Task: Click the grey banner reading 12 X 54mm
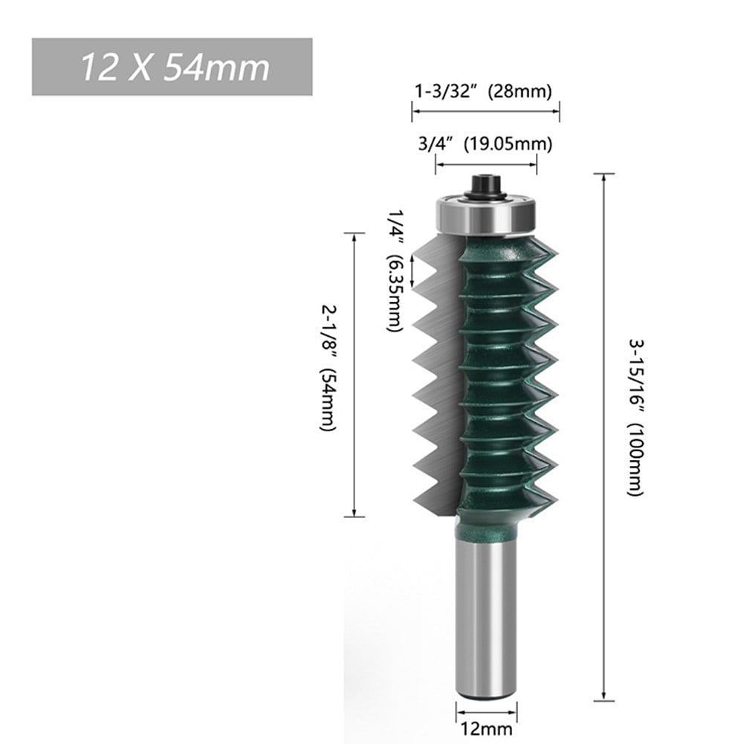point(172,67)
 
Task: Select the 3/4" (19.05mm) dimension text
point(484,144)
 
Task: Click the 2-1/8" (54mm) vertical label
point(327,367)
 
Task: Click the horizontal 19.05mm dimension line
point(485,165)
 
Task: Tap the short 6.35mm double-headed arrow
point(411,271)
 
